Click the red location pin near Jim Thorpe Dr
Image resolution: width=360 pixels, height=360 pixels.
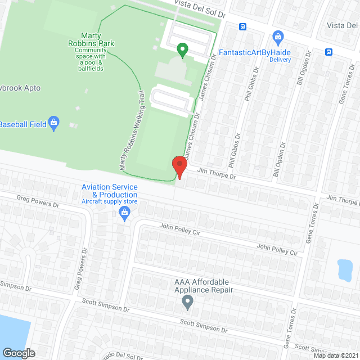click(179, 166)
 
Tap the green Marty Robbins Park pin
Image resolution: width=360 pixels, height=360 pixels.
click(182, 50)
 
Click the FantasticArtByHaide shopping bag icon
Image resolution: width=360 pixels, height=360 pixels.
click(277, 38)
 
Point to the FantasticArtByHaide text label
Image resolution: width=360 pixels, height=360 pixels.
click(255, 52)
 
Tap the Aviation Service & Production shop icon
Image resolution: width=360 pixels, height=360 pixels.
click(124, 212)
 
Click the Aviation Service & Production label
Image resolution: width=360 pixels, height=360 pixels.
click(110, 191)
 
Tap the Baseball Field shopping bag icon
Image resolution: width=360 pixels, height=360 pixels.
click(54, 123)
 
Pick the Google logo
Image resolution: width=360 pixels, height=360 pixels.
click(18, 353)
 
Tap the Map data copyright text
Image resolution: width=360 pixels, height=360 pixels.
click(336, 355)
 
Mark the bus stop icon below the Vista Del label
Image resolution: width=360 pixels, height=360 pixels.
click(328, 52)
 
